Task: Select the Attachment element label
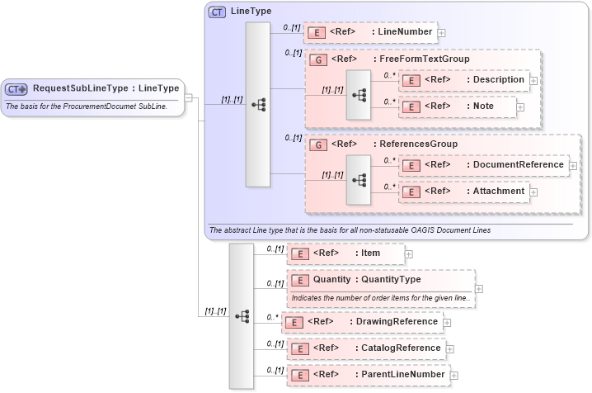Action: click(499, 191)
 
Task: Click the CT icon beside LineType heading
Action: click(218, 12)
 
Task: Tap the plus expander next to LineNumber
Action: click(441, 33)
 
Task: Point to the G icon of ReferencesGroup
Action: click(317, 144)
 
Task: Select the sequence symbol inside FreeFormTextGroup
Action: click(359, 95)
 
